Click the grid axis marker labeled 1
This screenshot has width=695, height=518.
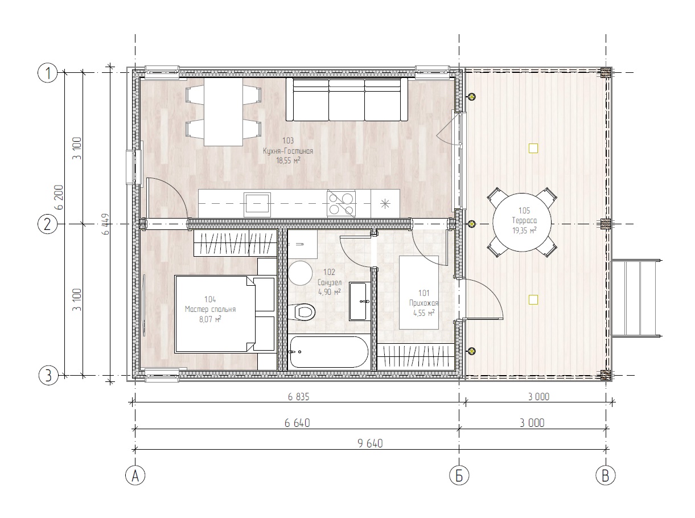pyautogui.click(x=48, y=73)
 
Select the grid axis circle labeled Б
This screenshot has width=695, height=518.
pyautogui.click(x=459, y=475)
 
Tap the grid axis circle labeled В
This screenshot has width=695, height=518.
pyautogui.click(x=606, y=475)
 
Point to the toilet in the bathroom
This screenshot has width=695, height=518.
pyautogui.click(x=303, y=311)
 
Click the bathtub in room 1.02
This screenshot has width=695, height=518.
pyautogui.click(x=329, y=352)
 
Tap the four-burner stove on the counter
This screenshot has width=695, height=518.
pyautogui.click(x=340, y=203)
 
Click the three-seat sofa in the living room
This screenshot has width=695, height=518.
pyautogui.click(x=347, y=100)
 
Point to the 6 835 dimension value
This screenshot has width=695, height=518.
pyautogui.click(x=297, y=397)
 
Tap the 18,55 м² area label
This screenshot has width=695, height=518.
pyautogui.click(x=289, y=161)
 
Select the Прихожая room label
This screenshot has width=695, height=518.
pyautogui.click(x=423, y=303)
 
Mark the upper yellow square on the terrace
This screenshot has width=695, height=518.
pyautogui.click(x=533, y=149)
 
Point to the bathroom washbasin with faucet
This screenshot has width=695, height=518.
pyautogui.click(x=359, y=301)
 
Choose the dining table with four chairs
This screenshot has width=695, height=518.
pyautogui.click(x=223, y=112)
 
